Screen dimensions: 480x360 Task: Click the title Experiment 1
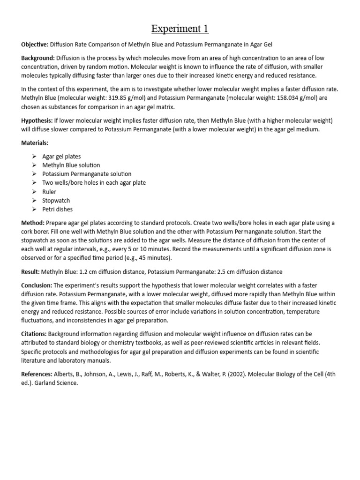[x=180, y=29]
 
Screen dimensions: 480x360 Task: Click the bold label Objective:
[x=35, y=45]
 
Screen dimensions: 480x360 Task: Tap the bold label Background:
[x=38, y=58]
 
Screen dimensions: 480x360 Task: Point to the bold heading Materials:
[x=35, y=142]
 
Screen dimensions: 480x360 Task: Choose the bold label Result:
[x=30, y=272]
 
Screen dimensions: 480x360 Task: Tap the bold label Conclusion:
[x=37, y=285]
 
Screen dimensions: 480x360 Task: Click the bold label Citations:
[x=34, y=334]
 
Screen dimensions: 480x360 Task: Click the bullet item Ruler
[x=49, y=192]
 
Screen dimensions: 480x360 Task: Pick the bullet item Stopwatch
[x=56, y=201]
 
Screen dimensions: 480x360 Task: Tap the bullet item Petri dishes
[x=57, y=210]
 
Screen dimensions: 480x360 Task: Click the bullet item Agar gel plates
[x=62, y=156]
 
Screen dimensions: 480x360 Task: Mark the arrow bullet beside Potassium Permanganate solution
[x=34, y=174]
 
